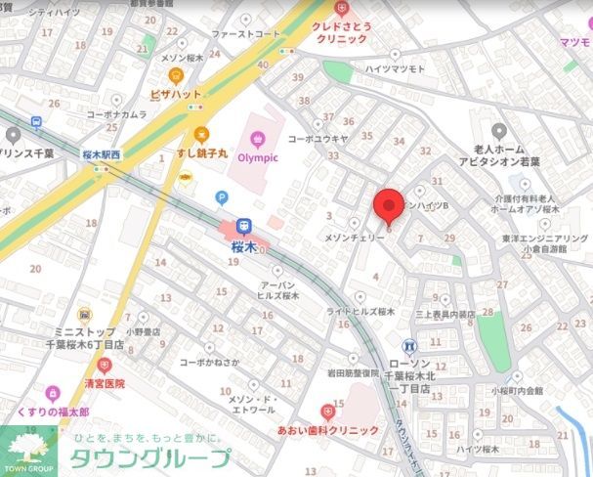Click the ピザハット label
[x=176, y=94]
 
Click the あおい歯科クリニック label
[x=327, y=430]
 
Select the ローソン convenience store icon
[x=409, y=345]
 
